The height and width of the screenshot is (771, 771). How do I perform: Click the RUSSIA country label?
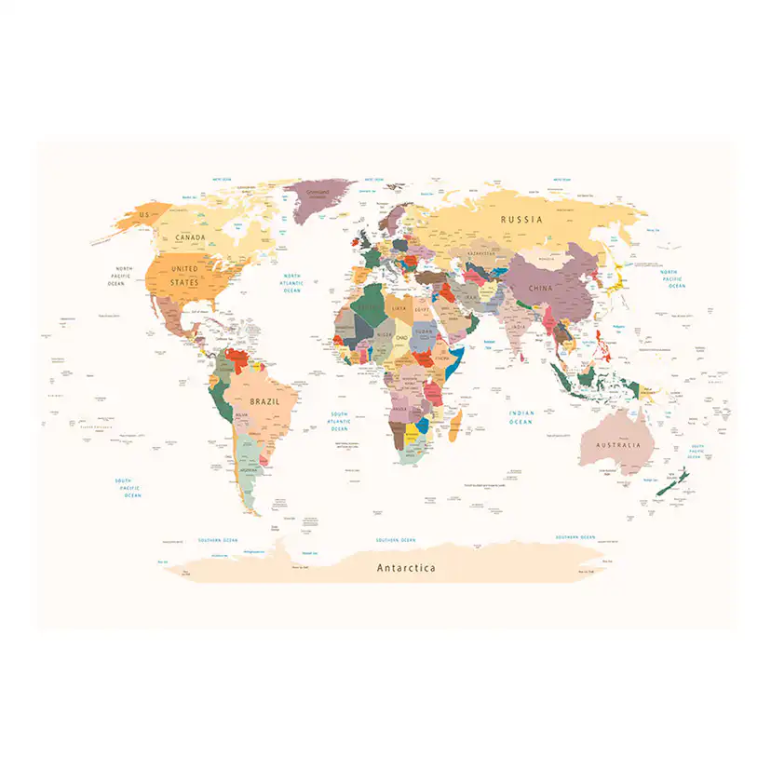[521, 220]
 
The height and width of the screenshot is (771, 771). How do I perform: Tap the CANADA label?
[190, 237]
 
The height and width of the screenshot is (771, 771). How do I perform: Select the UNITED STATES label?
[184, 276]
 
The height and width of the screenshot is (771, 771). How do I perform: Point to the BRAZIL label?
[264, 400]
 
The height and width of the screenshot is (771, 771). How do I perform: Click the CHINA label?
[540, 288]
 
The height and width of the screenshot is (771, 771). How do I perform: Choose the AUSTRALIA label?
[619, 445]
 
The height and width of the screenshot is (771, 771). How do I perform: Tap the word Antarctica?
[405, 567]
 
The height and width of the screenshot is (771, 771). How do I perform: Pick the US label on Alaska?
[143, 215]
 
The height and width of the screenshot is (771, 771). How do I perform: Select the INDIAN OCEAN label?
[521, 417]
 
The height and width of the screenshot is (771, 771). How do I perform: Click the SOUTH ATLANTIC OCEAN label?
[339, 422]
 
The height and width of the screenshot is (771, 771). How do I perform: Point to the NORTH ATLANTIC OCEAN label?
[292, 283]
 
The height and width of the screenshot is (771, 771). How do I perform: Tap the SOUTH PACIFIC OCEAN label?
[128, 488]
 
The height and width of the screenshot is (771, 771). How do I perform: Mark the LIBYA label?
[399, 308]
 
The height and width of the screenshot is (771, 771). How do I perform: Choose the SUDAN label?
[424, 331]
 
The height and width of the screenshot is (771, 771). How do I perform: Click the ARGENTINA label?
[249, 470]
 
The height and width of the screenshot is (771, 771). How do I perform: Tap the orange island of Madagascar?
[455, 430]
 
